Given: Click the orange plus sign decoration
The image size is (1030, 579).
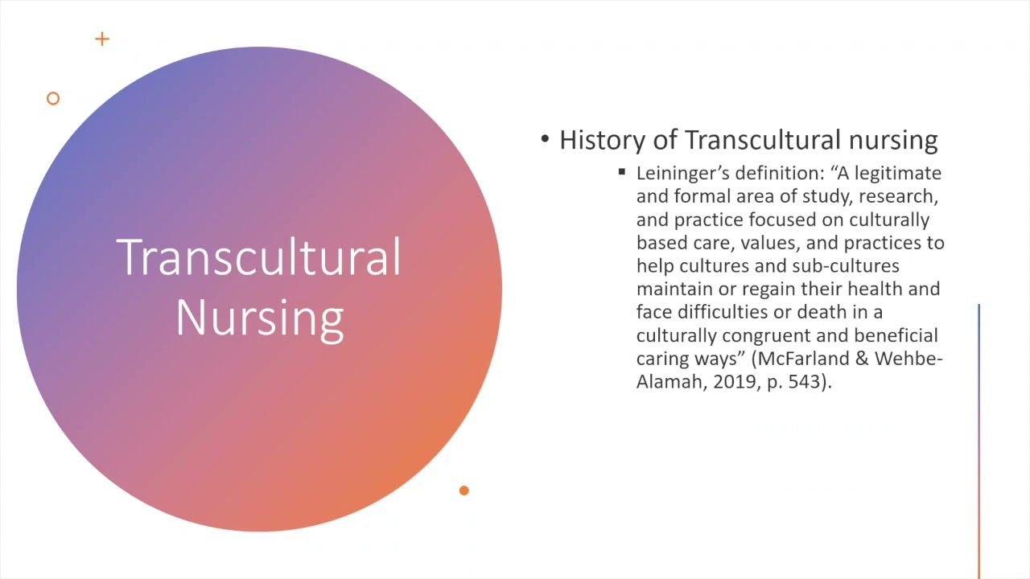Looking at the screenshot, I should (x=101, y=39).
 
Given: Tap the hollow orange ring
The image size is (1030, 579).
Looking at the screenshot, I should (x=53, y=98).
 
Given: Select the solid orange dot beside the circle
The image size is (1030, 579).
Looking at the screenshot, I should (x=463, y=491).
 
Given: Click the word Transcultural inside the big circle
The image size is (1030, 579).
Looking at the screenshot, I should (x=259, y=258).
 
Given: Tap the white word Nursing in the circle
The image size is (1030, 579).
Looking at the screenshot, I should (x=259, y=318).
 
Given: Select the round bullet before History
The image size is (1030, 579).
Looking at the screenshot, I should (x=545, y=140).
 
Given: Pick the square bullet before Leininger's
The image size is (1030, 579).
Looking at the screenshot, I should (x=622, y=172).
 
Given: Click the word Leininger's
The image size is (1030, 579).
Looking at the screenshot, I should (x=682, y=173).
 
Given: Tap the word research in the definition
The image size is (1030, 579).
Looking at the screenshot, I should (x=901, y=196).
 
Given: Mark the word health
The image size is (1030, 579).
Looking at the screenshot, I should (x=880, y=288).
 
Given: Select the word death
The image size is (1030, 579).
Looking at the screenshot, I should (x=821, y=311).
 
